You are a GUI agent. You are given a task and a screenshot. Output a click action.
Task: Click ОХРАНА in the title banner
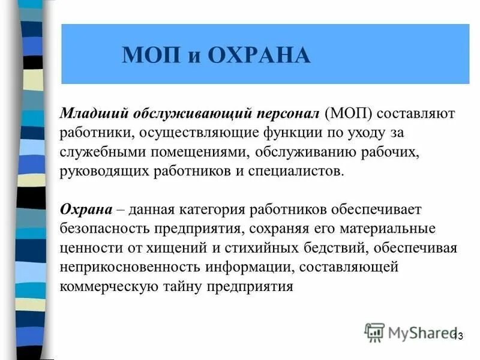coord(259,55)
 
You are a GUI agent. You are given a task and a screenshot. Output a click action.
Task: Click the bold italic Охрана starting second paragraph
coord(86,209)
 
